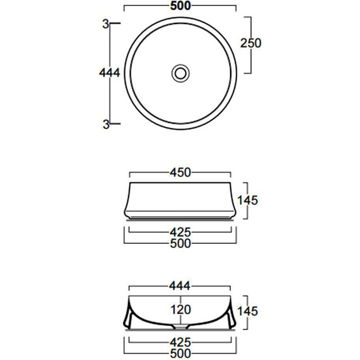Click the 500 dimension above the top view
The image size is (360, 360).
point(181,6)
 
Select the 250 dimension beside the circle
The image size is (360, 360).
point(251,43)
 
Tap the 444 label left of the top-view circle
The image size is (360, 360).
point(109,73)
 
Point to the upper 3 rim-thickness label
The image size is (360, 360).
point(105,24)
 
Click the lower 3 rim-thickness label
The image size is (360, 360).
point(106,124)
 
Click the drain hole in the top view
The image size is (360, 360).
point(181,73)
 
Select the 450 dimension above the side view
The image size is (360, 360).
point(180,173)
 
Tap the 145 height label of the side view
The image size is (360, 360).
point(247,200)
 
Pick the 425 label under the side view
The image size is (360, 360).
point(180,232)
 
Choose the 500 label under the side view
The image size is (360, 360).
point(181,243)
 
